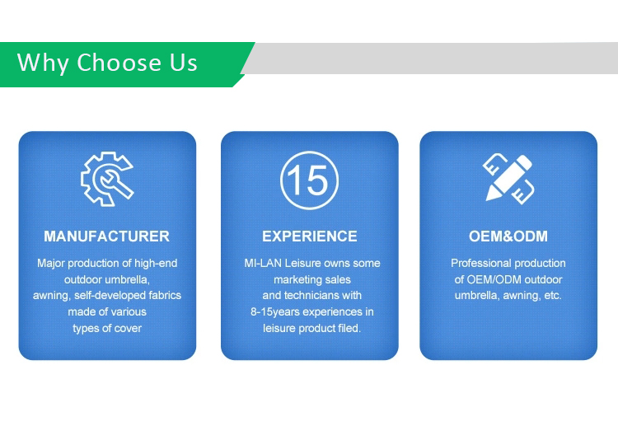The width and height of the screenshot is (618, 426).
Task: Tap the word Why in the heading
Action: (43, 63)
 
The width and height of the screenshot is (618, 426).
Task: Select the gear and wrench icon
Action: (107, 179)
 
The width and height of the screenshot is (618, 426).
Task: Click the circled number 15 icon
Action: (309, 180)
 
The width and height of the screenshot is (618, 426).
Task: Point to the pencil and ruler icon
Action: (508, 179)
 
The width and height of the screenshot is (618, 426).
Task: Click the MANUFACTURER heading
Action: (107, 236)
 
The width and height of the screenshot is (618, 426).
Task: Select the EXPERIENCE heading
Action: (310, 236)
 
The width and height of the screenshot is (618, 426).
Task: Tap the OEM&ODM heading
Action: (508, 236)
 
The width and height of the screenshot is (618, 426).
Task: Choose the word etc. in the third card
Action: (553, 296)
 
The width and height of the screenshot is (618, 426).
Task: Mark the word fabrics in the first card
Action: (166, 296)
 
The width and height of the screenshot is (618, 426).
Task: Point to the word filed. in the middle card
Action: (349, 328)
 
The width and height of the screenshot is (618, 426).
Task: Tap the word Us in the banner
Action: (183, 63)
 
